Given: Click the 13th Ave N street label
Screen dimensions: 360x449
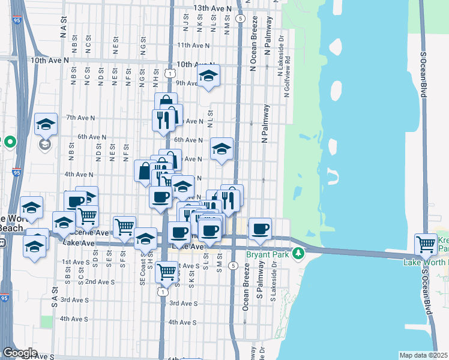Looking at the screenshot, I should [x=212, y=8].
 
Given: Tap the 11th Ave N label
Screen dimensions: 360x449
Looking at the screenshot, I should [x=193, y=45].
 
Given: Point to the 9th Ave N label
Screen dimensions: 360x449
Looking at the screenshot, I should [x=187, y=83].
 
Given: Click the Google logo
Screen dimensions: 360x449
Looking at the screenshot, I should [x=20, y=353].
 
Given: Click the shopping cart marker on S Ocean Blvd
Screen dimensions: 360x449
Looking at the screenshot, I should [x=426, y=244].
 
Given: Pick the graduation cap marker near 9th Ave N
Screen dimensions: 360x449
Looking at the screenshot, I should [x=208, y=76].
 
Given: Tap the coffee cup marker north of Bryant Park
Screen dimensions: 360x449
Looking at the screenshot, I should [x=261, y=228].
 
